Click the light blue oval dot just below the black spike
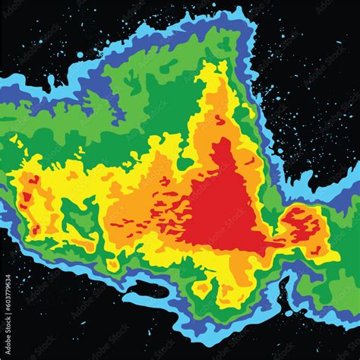[x=289, y=312]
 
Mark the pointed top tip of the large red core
[x=219, y=141]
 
